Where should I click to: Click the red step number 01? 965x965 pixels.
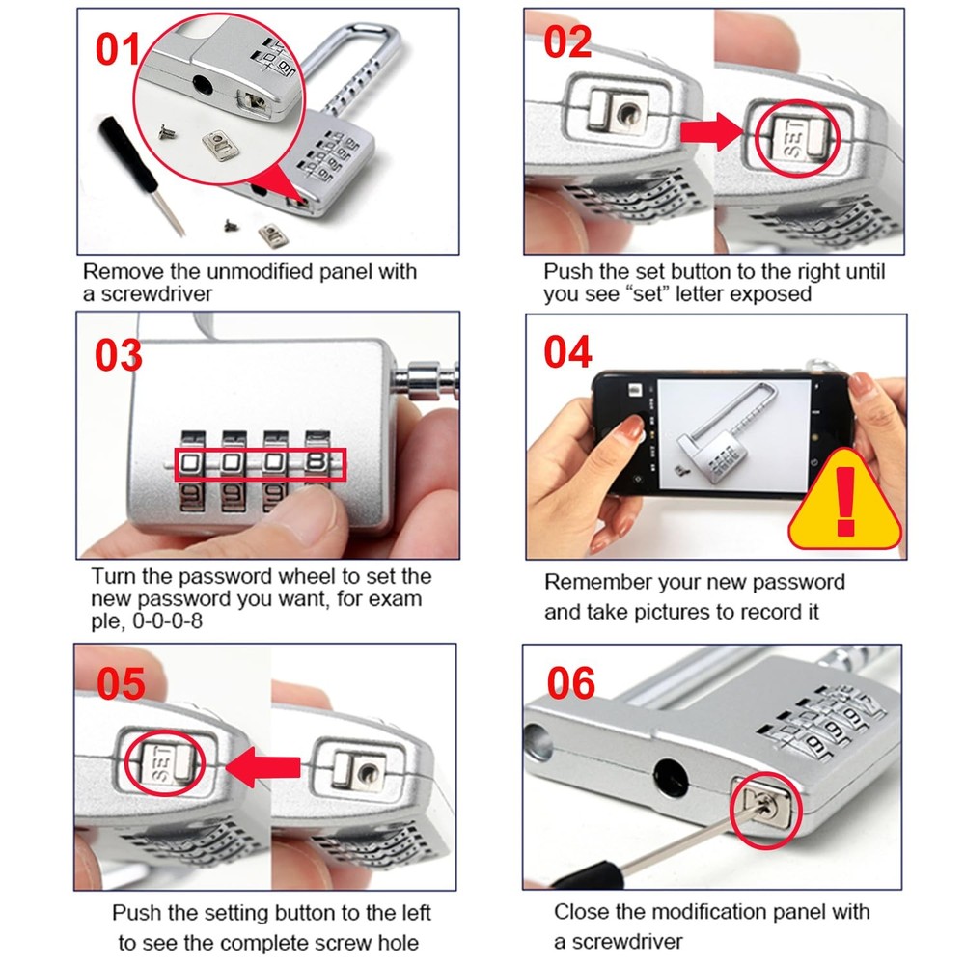click(118, 50)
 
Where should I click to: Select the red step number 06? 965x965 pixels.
click(570, 683)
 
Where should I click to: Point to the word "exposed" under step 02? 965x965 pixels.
click(772, 294)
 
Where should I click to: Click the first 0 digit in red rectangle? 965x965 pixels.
click(191, 464)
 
